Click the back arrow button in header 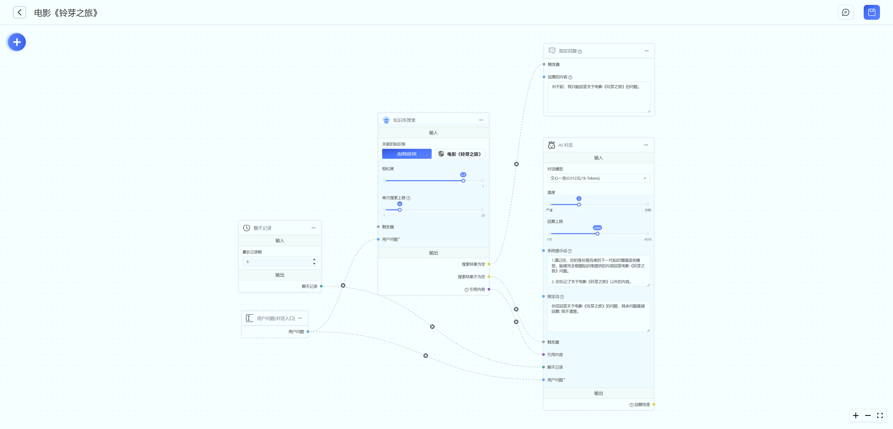(19, 13)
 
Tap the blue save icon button (872, 13)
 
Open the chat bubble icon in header (846, 13)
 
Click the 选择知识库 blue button (407, 154)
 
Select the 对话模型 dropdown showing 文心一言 (598, 178)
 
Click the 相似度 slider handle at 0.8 (463, 181)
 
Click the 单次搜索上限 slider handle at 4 (400, 210)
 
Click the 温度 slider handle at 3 (579, 205)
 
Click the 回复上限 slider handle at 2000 (597, 234)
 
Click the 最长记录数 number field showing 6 (277, 262)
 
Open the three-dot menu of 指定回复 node (646, 51)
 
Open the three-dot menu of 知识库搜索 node (481, 120)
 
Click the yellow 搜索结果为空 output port (489, 264)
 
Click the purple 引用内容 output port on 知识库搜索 (489, 289)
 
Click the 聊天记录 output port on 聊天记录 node (321, 286)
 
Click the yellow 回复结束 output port (654, 404)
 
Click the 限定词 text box (598, 316)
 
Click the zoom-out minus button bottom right (868, 416)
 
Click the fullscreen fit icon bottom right (880, 416)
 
